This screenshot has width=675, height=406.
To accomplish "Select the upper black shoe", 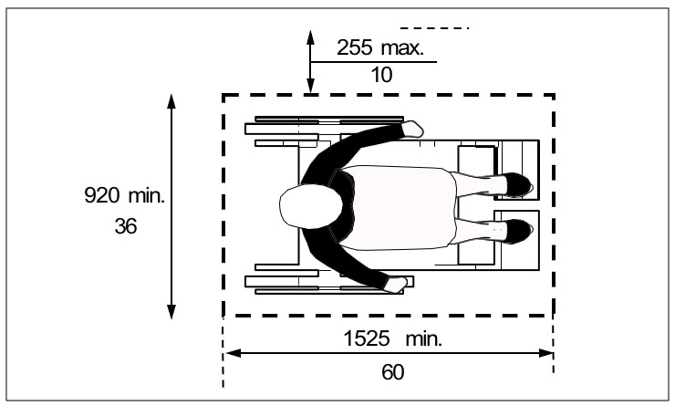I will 514,184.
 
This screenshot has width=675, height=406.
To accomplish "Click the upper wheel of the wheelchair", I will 328,120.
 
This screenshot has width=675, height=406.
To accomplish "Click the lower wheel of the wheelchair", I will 328,292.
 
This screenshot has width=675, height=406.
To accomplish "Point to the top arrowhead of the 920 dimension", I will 171,99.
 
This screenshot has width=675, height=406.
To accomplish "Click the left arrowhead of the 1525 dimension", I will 232,352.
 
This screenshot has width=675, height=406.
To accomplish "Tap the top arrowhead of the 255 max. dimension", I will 311,37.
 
